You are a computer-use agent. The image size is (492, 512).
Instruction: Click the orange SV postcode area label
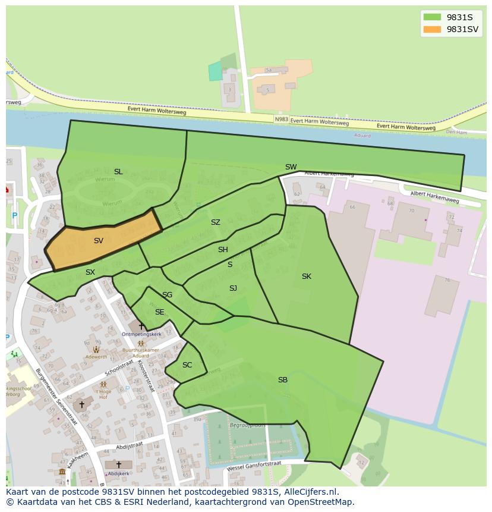(x=99, y=241)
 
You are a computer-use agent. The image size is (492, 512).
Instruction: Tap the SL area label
(x=118, y=172)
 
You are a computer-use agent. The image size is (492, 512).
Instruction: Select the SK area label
(x=306, y=277)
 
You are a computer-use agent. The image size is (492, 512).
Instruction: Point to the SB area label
(x=283, y=380)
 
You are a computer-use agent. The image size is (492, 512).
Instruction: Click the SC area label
(x=187, y=365)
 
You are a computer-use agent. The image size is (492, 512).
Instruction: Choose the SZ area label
(x=215, y=222)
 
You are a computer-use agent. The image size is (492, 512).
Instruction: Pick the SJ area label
(x=233, y=288)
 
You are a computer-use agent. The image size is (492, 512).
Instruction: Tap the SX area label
(x=90, y=272)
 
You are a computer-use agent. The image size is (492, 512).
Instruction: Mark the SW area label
(x=291, y=167)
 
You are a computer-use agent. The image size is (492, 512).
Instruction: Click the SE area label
(x=159, y=312)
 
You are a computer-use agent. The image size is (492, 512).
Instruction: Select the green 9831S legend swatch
(x=433, y=17)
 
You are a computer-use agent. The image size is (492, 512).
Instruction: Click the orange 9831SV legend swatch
(x=433, y=29)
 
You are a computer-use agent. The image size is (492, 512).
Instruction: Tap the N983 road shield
(x=282, y=120)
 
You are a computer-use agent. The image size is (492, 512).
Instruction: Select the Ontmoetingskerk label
(x=141, y=334)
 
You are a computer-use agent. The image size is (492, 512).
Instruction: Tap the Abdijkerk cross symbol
(x=118, y=464)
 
